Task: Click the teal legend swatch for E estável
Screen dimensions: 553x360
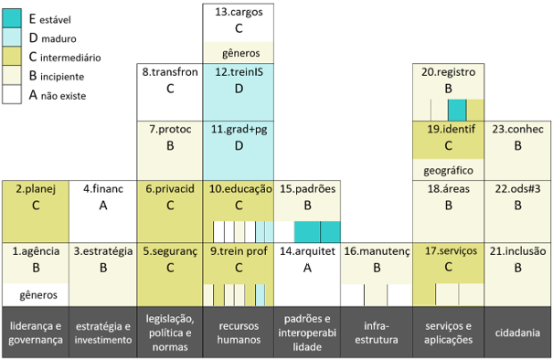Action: tap(12, 18)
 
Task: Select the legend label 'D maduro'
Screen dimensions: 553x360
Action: tap(52, 38)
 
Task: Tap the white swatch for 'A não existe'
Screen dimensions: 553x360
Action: tap(12, 94)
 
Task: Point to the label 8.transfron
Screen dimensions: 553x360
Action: tap(170, 72)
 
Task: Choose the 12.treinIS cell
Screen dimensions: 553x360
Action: tap(239, 92)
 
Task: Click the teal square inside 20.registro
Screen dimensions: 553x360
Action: tap(457, 110)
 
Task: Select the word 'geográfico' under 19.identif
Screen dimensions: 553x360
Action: tap(448, 171)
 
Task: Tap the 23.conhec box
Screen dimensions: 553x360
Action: tap(517, 151)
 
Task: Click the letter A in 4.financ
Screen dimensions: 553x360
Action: tap(103, 206)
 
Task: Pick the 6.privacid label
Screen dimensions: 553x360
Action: tap(170, 189)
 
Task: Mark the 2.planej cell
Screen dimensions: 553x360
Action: tap(36, 212)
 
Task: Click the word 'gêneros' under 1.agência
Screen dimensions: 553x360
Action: tap(38, 295)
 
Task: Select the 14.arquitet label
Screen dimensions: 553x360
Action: tap(307, 251)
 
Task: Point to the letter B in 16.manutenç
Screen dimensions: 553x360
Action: tap(377, 268)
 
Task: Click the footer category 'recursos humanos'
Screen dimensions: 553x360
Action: tap(239, 333)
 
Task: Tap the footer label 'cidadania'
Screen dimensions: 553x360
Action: tap(517, 333)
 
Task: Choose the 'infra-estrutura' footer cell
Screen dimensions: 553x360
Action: tap(377, 333)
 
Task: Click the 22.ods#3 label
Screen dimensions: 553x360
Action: tap(517, 189)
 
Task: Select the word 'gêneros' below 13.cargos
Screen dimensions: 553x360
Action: tap(241, 53)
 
